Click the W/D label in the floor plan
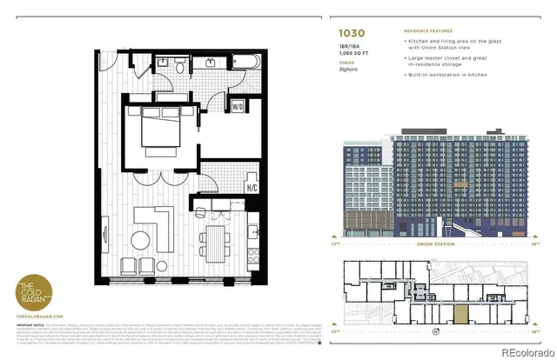pyautogui.click(x=237, y=107)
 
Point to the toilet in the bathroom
pyautogui.click(x=179, y=65)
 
